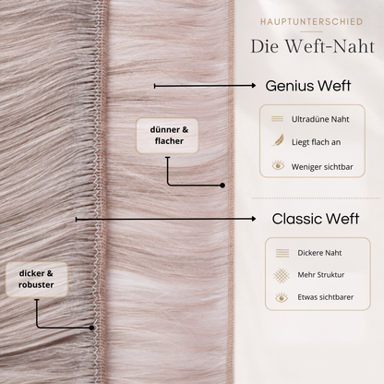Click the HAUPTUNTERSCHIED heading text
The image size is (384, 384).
(311, 22)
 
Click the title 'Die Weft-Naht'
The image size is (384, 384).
(313, 46)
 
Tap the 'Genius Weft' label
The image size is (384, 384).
(308, 86)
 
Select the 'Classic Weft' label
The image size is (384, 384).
(316, 219)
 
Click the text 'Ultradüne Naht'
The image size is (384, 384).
(320, 119)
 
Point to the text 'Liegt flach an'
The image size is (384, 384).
(316, 142)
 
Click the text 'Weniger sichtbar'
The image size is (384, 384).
(322, 167)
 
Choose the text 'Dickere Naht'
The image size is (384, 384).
(319, 253)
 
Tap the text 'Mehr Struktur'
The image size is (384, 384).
(320, 275)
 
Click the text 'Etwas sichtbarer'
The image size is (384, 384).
(325, 297)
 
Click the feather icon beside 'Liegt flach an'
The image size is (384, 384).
(278, 140)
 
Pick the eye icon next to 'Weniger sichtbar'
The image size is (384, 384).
(278, 165)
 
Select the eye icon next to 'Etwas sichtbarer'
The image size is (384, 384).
(282, 297)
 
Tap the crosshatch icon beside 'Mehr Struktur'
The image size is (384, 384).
(282, 275)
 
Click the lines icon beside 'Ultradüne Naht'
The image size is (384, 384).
(277, 119)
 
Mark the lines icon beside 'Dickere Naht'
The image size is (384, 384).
(282, 253)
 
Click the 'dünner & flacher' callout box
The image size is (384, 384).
(167, 136)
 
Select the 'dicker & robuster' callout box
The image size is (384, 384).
(37, 279)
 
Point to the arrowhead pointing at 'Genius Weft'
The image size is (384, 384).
(253, 86)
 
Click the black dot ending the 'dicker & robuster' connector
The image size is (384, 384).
(91, 328)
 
